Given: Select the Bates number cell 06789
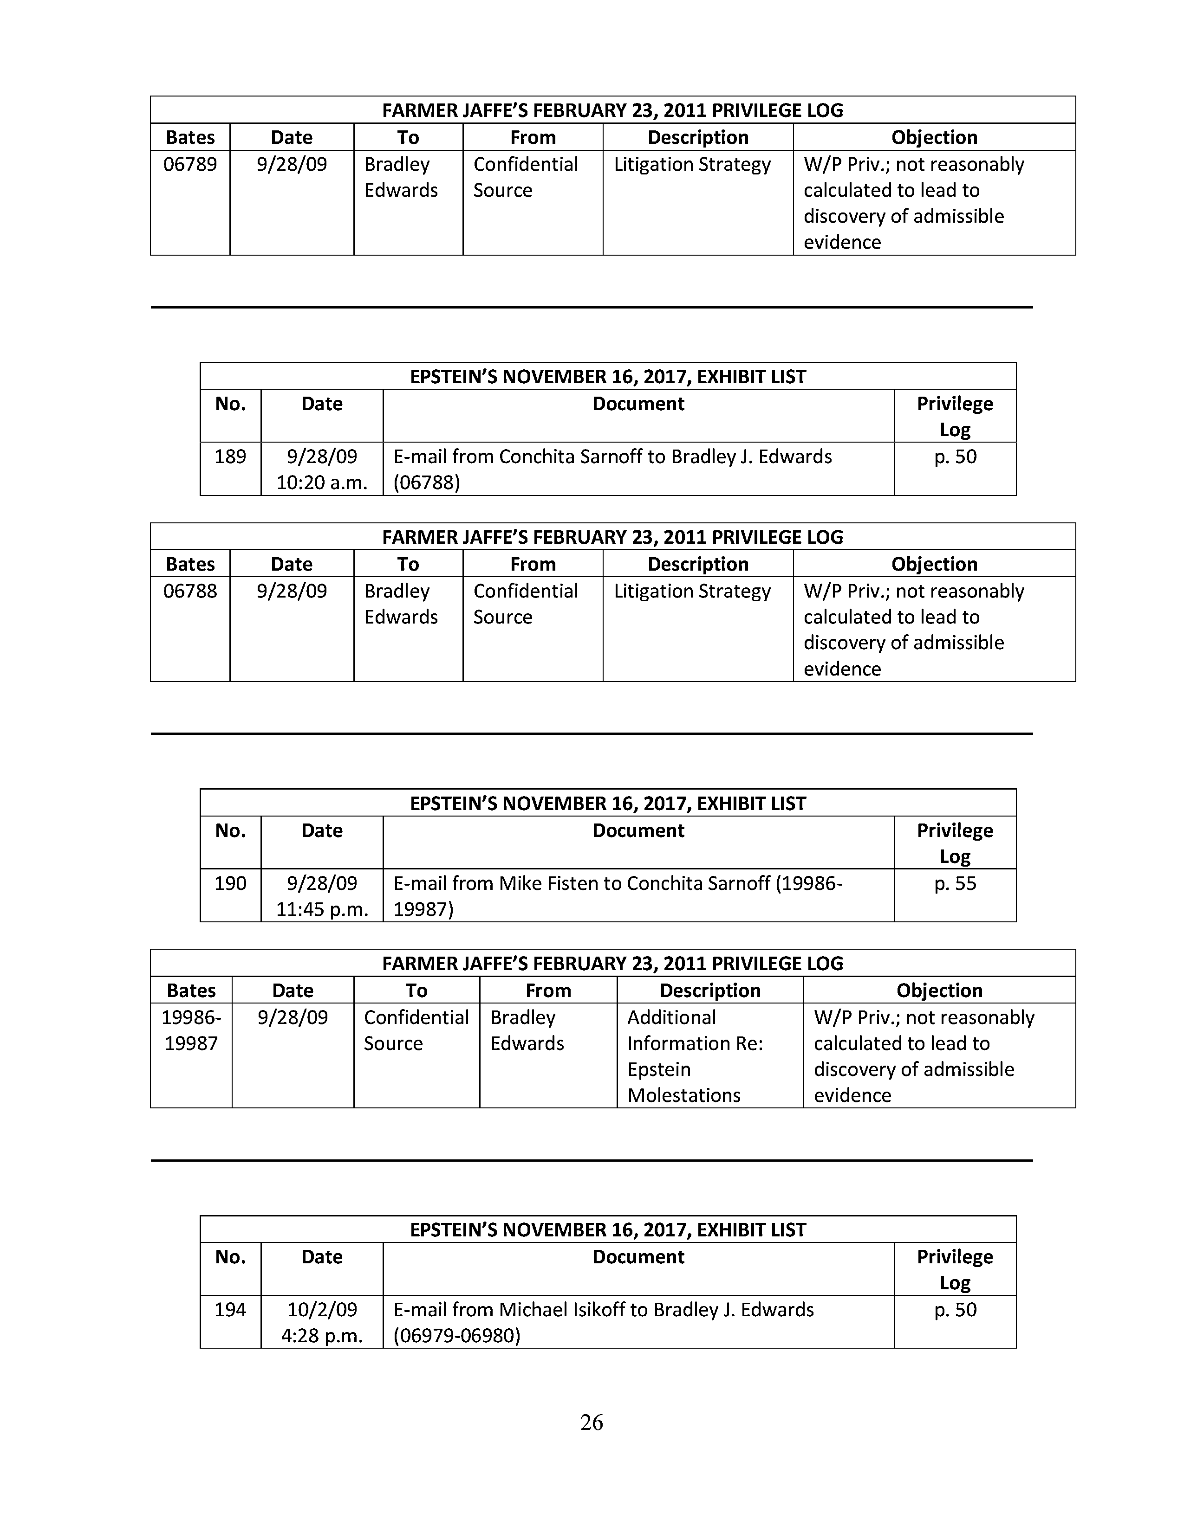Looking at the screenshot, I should [x=190, y=165].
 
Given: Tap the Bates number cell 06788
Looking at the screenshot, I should [x=190, y=591].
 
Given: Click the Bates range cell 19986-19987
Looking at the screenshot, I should [x=191, y=1030].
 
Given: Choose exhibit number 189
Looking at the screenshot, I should [x=230, y=457].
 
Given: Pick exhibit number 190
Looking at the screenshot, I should [x=230, y=883].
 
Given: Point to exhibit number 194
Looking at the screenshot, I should [x=230, y=1310].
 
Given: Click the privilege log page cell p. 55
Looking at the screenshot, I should [x=955, y=883].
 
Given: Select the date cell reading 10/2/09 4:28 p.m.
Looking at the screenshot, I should [x=322, y=1322].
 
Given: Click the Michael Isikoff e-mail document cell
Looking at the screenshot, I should [x=603, y=1322].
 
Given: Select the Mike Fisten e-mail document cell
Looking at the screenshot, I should [x=617, y=896].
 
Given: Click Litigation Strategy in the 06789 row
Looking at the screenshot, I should [x=692, y=165].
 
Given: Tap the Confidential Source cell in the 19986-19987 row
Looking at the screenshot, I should [x=416, y=1030].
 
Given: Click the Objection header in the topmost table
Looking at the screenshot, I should [x=934, y=137].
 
